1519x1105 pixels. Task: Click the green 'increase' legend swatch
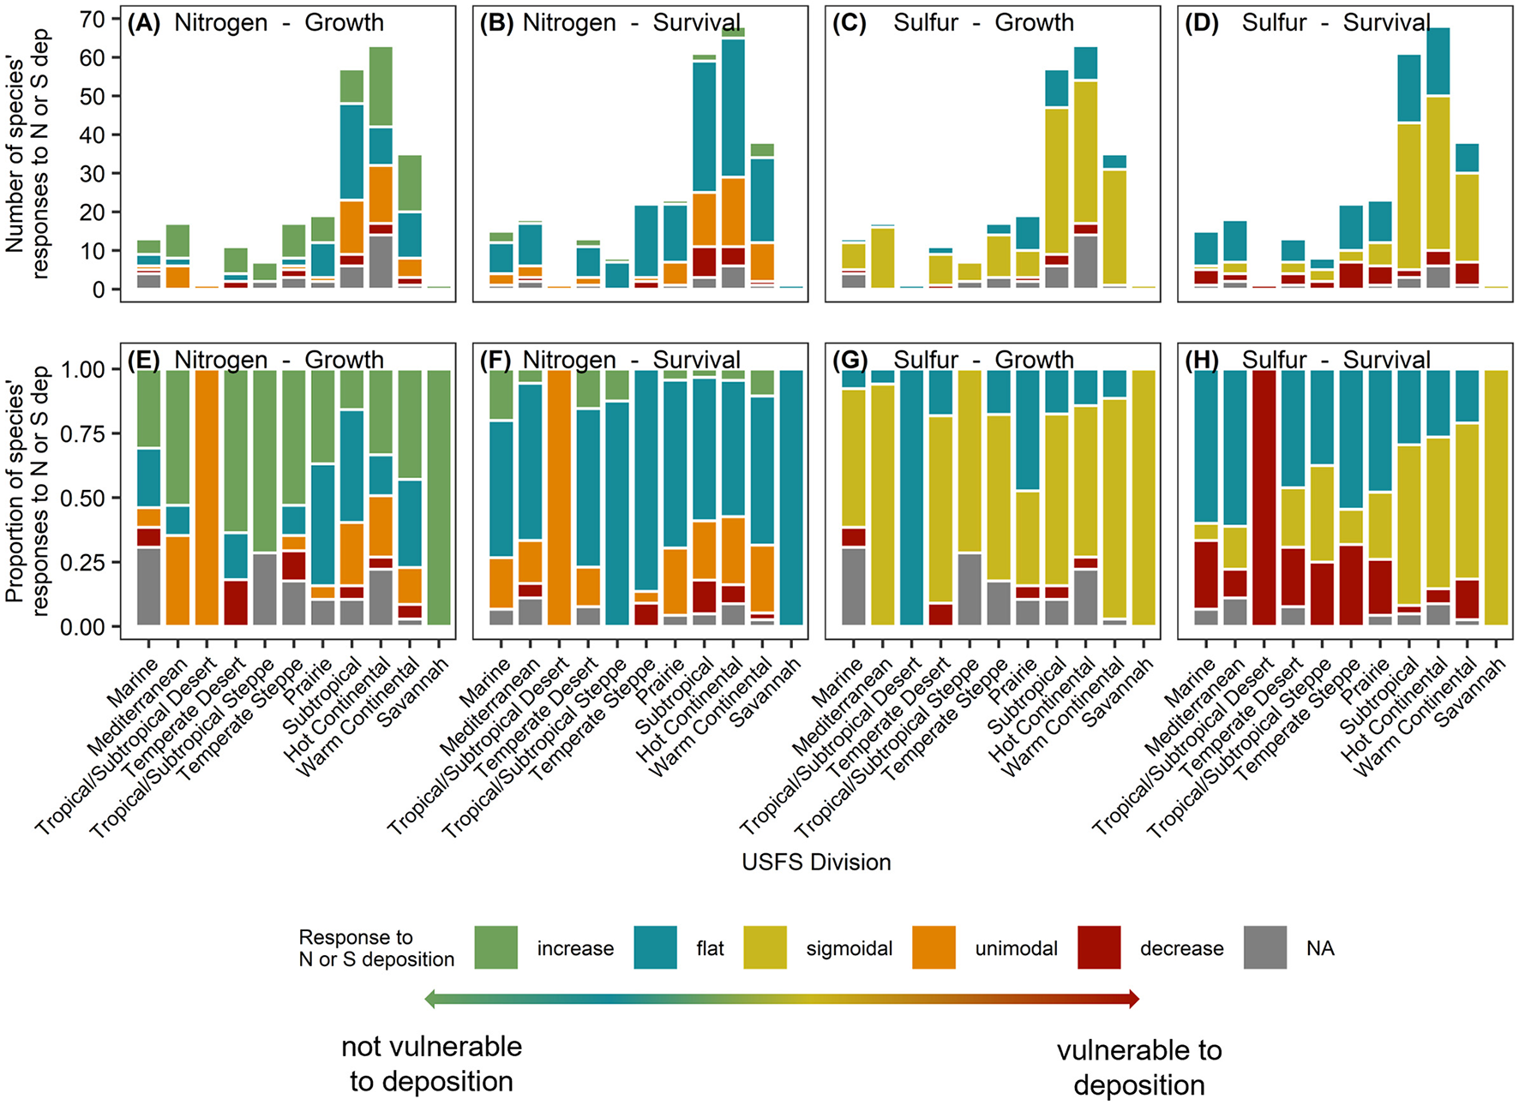pos(495,947)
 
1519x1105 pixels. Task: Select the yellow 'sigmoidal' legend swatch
pos(765,947)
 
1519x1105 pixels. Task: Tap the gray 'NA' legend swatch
pos(1264,947)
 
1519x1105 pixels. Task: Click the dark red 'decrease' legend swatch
pos(1099,947)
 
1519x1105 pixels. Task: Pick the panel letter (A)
pos(143,23)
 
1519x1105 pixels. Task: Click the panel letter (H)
pos(1201,361)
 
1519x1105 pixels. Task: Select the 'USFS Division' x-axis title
pos(816,862)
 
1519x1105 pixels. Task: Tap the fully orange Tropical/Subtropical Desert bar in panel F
pos(559,497)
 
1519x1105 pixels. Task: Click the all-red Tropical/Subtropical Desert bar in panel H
pos(1264,497)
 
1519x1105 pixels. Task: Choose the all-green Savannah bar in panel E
pos(439,497)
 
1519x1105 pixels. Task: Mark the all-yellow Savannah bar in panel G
pos(1144,497)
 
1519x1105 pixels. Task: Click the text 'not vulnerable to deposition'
pos(431,1064)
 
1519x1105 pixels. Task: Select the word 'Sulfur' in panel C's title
pos(925,23)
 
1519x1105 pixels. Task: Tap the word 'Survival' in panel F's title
pos(696,361)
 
